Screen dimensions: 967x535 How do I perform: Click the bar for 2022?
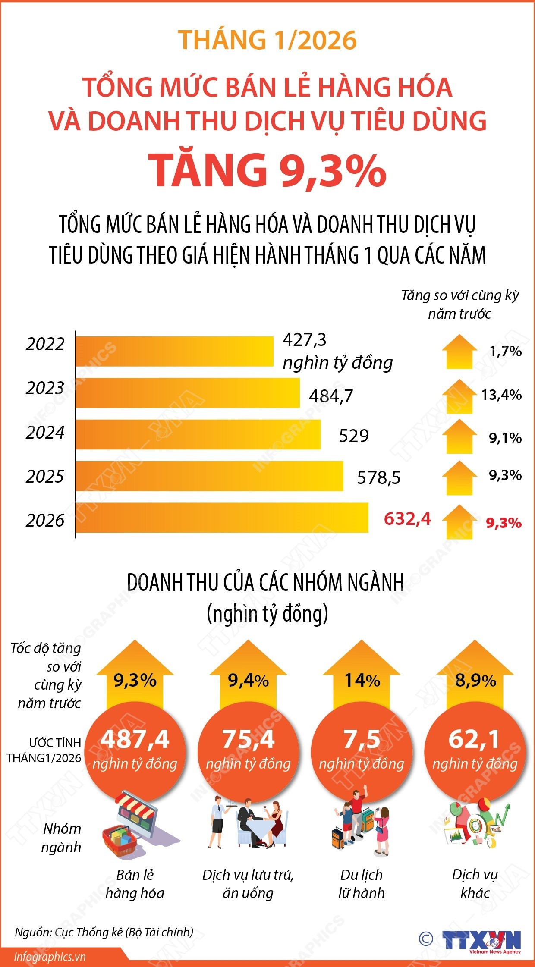pyautogui.click(x=175, y=352)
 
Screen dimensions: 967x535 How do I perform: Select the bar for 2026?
pyautogui.click(x=222, y=518)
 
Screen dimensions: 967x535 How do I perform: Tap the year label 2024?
pyautogui.click(x=45, y=433)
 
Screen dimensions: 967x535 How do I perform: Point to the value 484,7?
pyautogui.click(x=331, y=396)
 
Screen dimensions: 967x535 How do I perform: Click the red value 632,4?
pyautogui.click(x=407, y=518)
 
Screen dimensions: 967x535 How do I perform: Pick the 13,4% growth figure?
pyautogui.click(x=501, y=395)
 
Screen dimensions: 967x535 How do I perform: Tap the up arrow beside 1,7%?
pyautogui.click(x=459, y=352)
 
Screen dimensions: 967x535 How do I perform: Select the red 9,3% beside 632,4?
pyautogui.click(x=504, y=523)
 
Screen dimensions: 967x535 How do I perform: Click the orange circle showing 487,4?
pyautogui.click(x=135, y=751)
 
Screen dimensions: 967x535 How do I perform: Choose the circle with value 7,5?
pyautogui.click(x=362, y=751)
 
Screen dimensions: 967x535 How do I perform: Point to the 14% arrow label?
pyautogui.click(x=362, y=681)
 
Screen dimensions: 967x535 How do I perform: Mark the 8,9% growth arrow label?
pyautogui.click(x=475, y=681)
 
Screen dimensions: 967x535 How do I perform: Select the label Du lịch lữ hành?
pyautogui.click(x=362, y=883)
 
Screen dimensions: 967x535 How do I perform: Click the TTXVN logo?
pyautogui.click(x=481, y=941)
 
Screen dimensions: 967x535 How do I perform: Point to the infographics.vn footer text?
pyautogui.click(x=50, y=957)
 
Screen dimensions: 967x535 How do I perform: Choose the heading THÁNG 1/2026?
pyautogui.click(x=267, y=40)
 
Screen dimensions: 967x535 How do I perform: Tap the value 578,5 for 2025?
pyautogui.click(x=379, y=478)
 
